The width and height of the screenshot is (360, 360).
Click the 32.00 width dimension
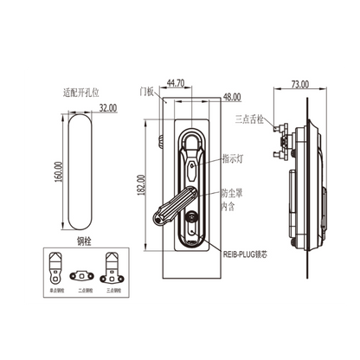pyautogui.click(x=107, y=109)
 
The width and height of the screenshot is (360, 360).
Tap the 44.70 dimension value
pyautogui.click(x=175, y=83)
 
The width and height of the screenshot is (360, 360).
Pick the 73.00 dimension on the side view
pyautogui.click(x=299, y=85)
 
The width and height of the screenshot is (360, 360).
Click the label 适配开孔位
pyautogui.click(x=84, y=90)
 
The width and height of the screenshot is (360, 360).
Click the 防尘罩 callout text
pyautogui.click(x=231, y=195)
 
